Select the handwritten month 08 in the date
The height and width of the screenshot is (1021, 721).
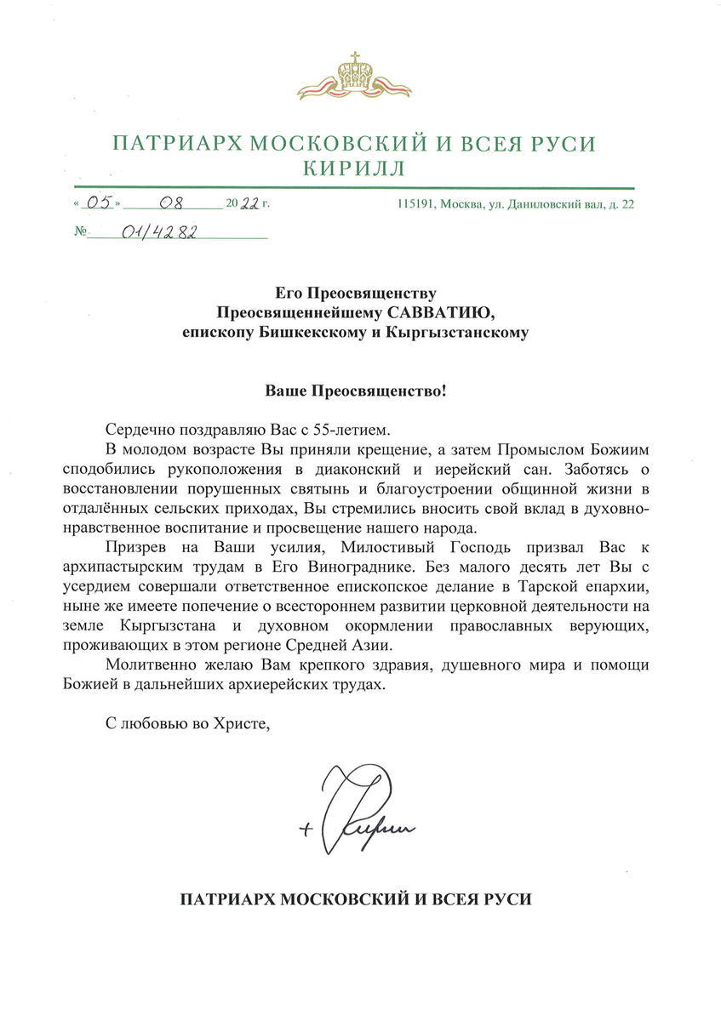(x=175, y=203)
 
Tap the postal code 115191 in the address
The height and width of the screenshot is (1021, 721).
(x=415, y=204)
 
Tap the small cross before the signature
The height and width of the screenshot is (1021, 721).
(x=306, y=831)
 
